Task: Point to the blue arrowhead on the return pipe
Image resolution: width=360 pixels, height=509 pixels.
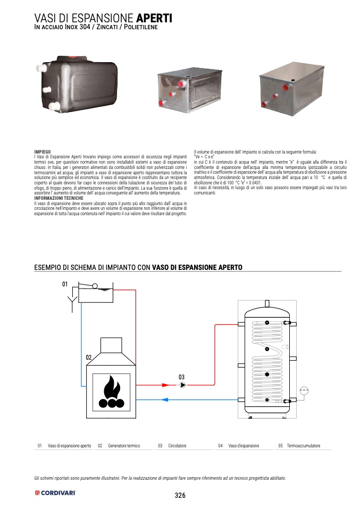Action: [x=165, y=400]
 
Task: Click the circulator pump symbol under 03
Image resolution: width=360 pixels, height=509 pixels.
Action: [x=182, y=385]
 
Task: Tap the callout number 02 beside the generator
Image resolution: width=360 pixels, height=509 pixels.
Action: [x=89, y=358]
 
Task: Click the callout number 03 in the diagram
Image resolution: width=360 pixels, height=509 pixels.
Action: [x=181, y=376]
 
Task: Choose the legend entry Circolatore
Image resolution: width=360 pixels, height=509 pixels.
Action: [x=177, y=446]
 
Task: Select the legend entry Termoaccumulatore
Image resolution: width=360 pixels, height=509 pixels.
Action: [x=303, y=446]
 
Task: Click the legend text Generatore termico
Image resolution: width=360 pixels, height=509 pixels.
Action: [x=123, y=446]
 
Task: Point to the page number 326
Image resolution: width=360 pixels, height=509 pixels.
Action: [x=180, y=495]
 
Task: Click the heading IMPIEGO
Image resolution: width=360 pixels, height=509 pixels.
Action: [x=42, y=152]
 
